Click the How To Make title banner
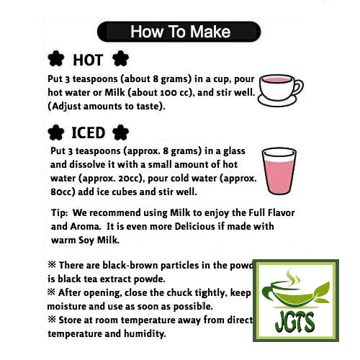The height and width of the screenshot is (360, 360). [179, 32]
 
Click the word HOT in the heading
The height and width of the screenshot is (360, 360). [88, 60]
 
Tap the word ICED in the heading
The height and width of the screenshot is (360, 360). [88, 132]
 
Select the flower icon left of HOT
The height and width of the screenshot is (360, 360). [56, 60]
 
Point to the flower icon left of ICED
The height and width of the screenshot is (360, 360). [55, 132]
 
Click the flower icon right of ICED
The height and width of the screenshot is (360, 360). [121, 132]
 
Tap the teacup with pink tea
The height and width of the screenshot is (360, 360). [278, 87]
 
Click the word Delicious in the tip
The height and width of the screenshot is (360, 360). [204, 227]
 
